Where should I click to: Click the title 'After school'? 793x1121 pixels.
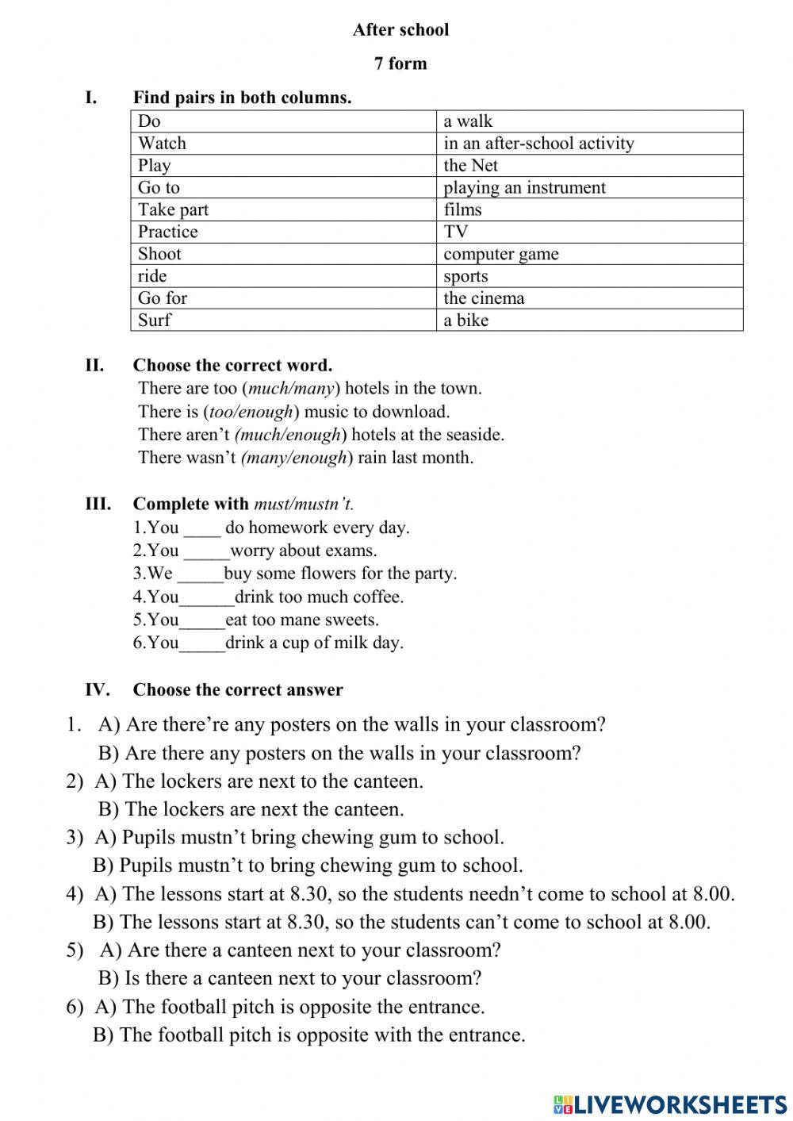point(400,30)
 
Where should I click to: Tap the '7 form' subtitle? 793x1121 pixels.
point(400,63)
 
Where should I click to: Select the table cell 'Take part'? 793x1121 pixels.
point(174,209)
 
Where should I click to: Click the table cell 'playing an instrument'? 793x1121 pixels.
point(524,187)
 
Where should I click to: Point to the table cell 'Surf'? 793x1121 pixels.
point(155,320)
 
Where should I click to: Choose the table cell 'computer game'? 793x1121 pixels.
point(501,254)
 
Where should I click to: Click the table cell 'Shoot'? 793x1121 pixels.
point(159,254)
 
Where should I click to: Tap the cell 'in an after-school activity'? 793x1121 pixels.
point(538,144)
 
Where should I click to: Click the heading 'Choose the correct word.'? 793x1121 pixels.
point(232,366)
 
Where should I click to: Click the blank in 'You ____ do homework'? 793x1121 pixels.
point(202,528)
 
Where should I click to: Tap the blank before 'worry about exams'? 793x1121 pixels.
point(206,551)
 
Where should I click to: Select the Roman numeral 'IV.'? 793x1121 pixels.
point(97,689)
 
